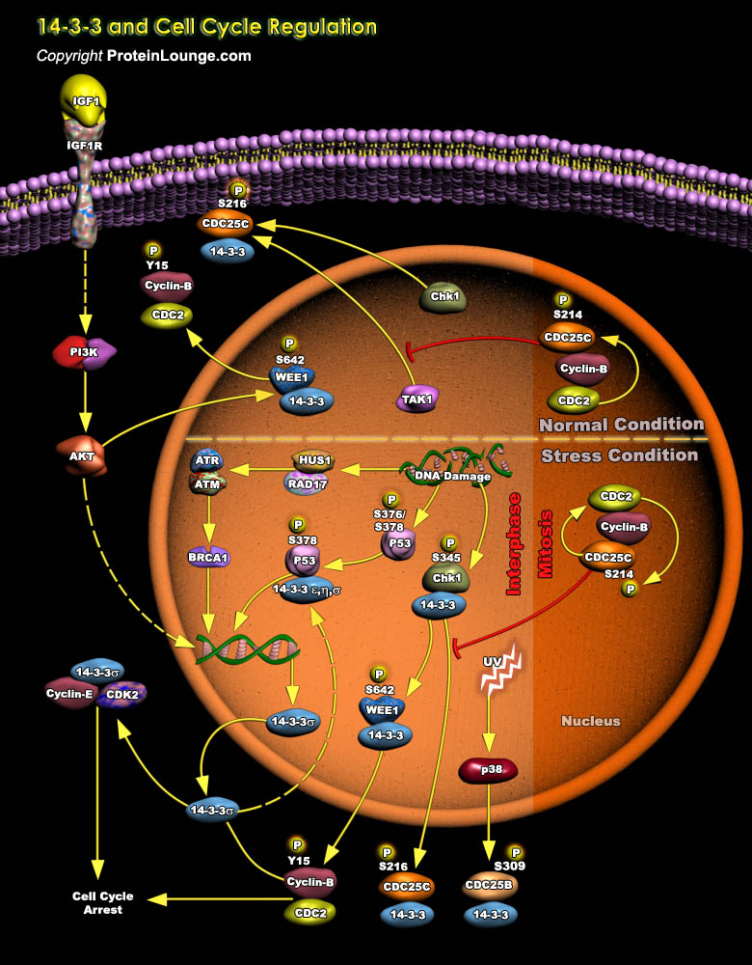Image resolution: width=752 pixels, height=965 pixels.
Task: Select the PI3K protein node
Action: tap(84, 353)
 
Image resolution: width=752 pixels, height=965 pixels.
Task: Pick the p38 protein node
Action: tap(488, 769)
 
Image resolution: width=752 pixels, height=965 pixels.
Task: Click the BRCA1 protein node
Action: tap(207, 557)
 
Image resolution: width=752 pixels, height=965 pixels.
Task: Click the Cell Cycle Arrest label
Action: tap(103, 902)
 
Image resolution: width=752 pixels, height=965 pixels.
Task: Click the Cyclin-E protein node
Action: tap(69, 694)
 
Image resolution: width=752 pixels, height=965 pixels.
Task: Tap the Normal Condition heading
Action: tap(621, 425)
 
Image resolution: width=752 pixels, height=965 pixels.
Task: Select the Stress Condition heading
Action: tap(619, 455)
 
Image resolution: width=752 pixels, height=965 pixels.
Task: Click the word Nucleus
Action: tap(591, 721)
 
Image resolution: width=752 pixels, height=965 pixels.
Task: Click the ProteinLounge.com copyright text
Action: tap(144, 56)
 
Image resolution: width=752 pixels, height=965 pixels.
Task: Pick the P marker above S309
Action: tap(516, 852)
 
